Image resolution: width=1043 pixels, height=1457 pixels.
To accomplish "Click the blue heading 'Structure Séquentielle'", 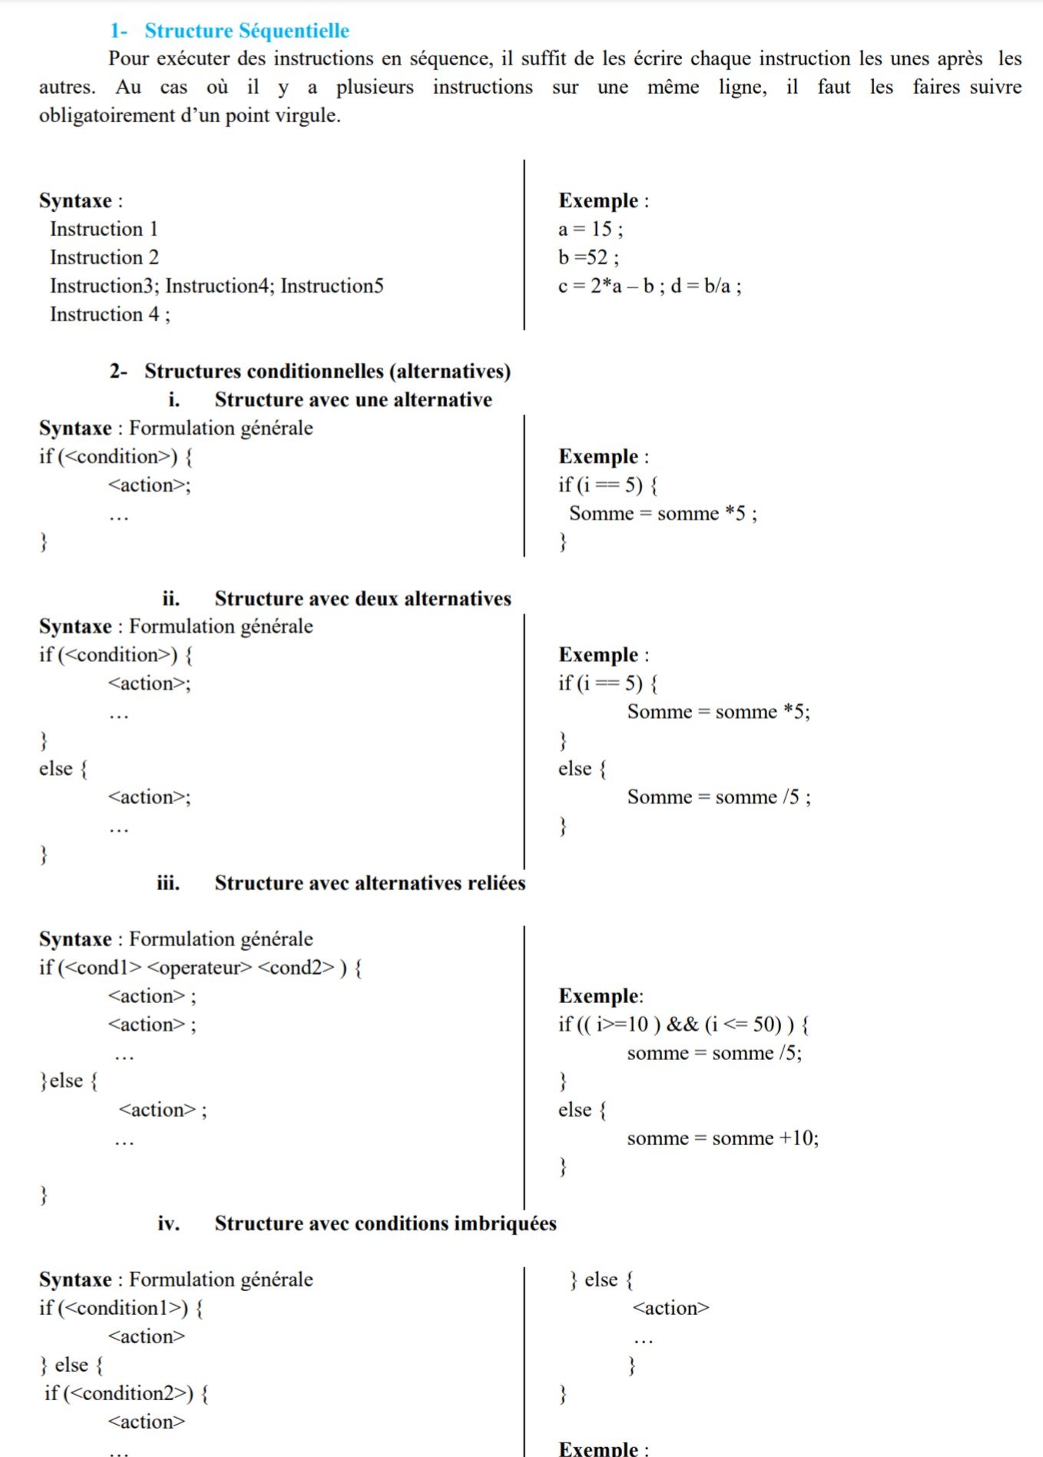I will click(x=247, y=31).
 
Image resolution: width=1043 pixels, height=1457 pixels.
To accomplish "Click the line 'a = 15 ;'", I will click(x=590, y=229).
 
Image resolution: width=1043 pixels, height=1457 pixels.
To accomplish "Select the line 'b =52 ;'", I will click(x=588, y=257).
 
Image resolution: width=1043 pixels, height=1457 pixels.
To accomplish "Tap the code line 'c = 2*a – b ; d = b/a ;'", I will click(x=649, y=286).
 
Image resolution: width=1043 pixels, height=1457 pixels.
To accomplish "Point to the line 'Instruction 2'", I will click(x=104, y=257).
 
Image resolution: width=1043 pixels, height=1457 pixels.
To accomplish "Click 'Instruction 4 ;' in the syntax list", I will click(x=110, y=314).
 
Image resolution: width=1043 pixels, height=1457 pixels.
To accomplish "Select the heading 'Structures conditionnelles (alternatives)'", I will click(x=327, y=371).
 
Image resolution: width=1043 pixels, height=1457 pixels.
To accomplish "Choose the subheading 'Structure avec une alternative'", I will click(x=353, y=399).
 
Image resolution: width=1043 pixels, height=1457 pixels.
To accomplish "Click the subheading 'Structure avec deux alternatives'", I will click(x=363, y=598).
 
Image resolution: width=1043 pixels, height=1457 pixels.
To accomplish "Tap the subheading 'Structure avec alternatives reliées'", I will click(x=369, y=882).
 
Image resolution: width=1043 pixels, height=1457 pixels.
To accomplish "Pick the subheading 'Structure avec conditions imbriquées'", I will click(x=385, y=1223).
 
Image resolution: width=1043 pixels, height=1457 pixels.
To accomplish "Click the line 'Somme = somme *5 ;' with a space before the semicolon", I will click(x=662, y=513).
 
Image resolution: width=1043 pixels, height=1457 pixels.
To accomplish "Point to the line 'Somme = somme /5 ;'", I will click(x=718, y=797).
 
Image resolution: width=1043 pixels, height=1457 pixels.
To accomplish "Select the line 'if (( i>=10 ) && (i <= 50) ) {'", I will click(x=683, y=1025).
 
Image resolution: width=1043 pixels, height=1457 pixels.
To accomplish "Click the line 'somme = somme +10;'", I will click(x=722, y=1138).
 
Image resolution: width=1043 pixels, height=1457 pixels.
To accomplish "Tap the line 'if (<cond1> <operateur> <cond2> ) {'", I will click(x=200, y=968).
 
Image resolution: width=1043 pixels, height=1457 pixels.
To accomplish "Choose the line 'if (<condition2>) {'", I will click(x=127, y=1393).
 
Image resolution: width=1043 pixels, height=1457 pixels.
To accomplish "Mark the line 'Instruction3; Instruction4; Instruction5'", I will click(x=217, y=286).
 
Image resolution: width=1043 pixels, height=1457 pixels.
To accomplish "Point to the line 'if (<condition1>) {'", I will click(x=121, y=1308).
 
